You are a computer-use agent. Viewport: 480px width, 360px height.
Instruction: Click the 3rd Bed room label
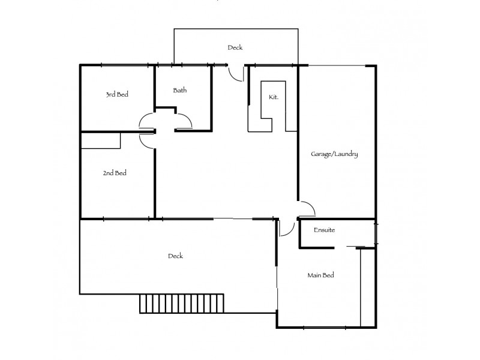tap(118, 94)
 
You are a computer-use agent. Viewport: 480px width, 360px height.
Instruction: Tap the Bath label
tap(180, 91)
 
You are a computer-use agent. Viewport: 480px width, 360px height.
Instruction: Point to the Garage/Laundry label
tap(334, 154)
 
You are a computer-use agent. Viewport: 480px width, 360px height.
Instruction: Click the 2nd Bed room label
tap(114, 173)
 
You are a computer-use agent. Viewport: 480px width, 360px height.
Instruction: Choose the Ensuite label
tap(324, 230)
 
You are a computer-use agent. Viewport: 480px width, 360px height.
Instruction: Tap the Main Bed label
tap(320, 275)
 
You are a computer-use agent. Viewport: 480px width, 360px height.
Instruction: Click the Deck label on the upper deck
tap(235, 47)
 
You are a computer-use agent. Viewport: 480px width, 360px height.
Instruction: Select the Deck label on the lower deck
tap(175, 256)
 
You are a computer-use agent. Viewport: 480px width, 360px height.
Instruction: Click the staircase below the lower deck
tap(182, 303)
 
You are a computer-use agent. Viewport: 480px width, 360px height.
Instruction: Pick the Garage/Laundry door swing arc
tap(308, 208)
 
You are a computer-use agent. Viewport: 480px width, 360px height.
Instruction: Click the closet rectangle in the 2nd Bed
tap(101, 140)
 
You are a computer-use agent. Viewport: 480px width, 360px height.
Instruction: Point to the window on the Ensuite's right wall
tap(377, 233)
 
